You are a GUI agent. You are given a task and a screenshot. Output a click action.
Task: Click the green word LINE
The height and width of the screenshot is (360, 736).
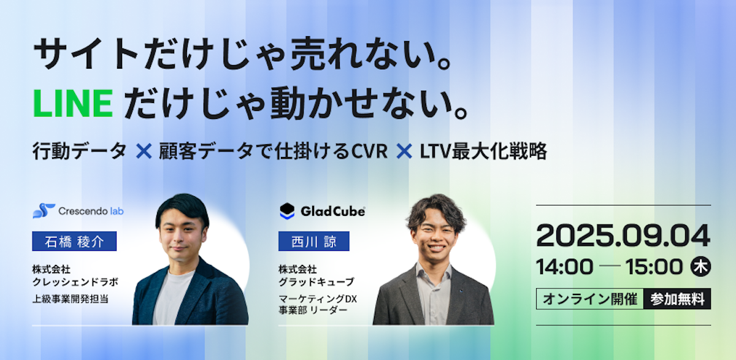73,104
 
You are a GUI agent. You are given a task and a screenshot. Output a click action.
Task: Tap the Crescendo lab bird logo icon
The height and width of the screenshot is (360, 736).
44,211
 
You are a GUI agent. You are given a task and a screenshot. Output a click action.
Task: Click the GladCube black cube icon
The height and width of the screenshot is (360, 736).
287,211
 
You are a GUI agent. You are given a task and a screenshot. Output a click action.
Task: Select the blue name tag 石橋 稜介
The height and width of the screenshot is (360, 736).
74,241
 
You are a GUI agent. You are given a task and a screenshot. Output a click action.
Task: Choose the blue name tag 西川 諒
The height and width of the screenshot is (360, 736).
314,241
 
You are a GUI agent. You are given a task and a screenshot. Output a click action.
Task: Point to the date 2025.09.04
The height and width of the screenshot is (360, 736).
623,236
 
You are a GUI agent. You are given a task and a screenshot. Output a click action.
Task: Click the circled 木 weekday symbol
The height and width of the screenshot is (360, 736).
700,266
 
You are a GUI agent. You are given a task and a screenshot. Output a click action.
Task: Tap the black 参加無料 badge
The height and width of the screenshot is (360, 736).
677,299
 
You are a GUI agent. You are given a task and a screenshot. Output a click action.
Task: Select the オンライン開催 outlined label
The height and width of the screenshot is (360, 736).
590,299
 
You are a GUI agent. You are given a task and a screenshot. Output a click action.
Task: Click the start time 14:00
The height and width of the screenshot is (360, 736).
564,267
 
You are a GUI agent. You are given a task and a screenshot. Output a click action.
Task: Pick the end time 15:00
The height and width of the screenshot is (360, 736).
654,267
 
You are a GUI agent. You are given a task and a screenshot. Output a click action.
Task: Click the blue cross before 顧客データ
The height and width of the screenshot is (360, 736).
144,151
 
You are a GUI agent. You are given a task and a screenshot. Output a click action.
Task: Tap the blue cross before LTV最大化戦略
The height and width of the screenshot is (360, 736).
404,151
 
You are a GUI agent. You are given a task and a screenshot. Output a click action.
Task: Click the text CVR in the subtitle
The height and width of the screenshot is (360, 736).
369,151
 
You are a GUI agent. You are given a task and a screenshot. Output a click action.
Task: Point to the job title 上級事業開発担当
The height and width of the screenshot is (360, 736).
71,299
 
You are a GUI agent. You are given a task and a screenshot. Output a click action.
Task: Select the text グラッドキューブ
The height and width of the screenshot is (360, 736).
316,282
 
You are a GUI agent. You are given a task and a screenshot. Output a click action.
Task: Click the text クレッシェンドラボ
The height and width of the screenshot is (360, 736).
75,282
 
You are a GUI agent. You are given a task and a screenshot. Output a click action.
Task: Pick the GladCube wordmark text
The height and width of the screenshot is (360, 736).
333,212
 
